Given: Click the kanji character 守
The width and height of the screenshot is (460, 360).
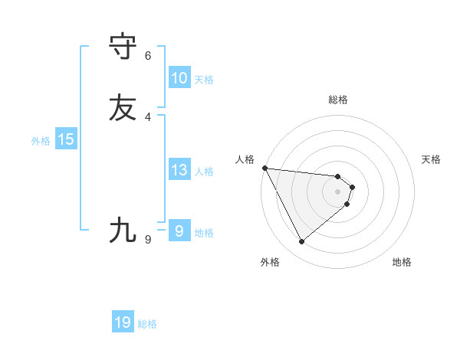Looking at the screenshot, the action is click(123, 47).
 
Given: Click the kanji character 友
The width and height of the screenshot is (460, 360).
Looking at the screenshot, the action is click(123, 107).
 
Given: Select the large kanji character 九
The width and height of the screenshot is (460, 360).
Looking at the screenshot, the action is click(123, 230).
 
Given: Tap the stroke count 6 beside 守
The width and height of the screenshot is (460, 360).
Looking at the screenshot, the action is click(148, 56).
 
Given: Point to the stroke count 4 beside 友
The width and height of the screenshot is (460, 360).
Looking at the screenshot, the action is click(148, 116).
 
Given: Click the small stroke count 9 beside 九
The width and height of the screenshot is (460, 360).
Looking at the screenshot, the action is click(148, 240).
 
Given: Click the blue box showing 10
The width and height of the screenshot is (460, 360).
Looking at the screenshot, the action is click(179, 78).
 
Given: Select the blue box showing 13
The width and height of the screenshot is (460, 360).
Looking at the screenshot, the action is click(179, 170).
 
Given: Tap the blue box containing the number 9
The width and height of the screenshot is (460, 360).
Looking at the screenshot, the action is click(179, 231).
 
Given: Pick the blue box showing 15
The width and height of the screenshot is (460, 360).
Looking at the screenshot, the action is click(66, 139).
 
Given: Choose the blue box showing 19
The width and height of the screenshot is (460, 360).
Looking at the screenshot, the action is click(123, 322).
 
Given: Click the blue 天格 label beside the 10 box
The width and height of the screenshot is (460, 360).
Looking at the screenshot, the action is click(203, 80).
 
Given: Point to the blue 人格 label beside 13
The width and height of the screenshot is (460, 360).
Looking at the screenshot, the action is click(203, 172).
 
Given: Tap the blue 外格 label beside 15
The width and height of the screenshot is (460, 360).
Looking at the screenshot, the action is click(41, 141).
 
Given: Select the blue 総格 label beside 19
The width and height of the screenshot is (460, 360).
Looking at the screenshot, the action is click(147, 324).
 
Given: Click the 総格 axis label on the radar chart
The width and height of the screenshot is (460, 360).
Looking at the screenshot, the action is click(338, 100).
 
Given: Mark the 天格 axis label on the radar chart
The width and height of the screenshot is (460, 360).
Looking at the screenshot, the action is click(431, 159).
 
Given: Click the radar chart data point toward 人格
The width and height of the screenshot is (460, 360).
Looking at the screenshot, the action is click(264, 168).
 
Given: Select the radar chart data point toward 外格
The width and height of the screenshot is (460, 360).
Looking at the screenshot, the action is click(301, 242).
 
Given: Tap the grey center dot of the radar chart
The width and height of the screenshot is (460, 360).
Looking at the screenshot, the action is click(338, 191).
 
